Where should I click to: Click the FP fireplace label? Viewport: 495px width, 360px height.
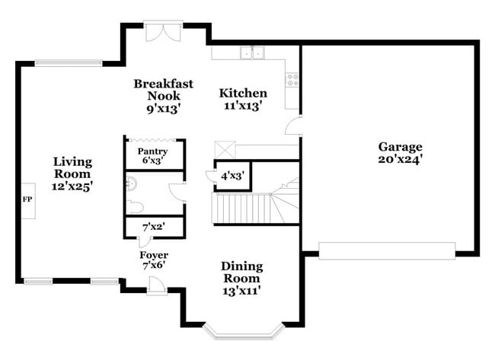click(x=27, y=199)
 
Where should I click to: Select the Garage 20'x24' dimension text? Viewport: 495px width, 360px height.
click(x=400, y=159)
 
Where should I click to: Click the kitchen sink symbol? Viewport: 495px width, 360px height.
click(x=251, y=53)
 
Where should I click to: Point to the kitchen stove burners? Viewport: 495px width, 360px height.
click(x=292, y=79)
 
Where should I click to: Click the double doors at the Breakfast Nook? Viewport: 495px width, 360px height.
click(x=163, y=31)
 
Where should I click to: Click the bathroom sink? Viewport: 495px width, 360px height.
click(x=130, y=183)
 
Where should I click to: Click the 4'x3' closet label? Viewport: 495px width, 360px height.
click(x=232, y=175)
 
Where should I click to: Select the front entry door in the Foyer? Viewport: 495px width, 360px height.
click(x=156, y=285)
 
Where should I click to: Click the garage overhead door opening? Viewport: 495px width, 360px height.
click(x=387, y=250)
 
